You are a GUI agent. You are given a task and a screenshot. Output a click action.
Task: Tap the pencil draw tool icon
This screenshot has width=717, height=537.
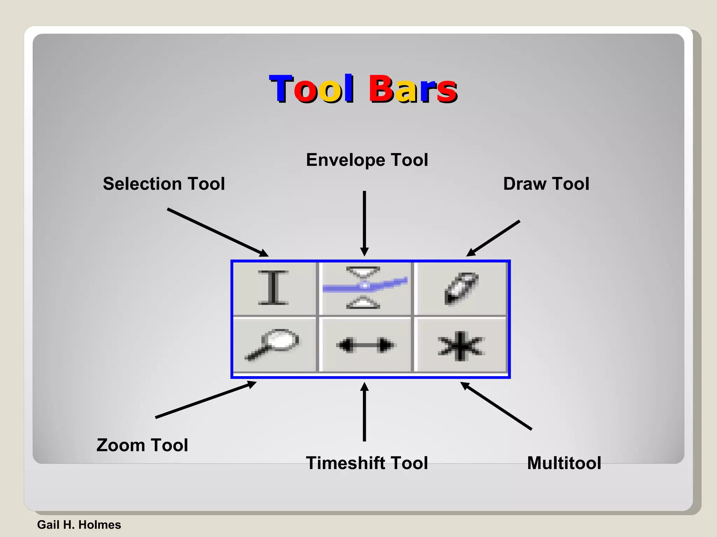[x=461, y=288]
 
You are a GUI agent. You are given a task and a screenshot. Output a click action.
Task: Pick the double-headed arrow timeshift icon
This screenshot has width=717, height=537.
[x=364, y=345]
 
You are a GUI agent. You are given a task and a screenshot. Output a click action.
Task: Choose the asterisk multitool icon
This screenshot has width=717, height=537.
[x=461, y=345]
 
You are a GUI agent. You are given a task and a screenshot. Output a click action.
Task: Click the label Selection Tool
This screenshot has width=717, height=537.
[x=164, y=184]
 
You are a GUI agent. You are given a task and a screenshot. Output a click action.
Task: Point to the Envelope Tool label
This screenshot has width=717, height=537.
[x=367, y=160]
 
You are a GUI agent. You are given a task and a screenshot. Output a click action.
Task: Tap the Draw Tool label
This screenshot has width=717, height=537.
[x=546, y=184]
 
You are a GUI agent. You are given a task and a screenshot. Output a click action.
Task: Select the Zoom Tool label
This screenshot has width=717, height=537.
[x=142, y=445]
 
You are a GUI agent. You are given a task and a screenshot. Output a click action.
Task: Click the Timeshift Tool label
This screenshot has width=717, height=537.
[x=367, y=463]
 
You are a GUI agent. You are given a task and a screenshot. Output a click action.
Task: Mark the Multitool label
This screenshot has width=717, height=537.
[x=564, y=463]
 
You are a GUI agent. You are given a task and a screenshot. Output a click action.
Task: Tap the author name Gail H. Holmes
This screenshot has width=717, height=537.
[x=79, y=525]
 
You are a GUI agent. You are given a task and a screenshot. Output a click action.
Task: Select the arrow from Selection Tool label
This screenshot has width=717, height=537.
[x=217, y=232]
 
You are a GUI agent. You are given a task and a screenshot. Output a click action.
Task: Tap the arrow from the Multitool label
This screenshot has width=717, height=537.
[x=496, y=406]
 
